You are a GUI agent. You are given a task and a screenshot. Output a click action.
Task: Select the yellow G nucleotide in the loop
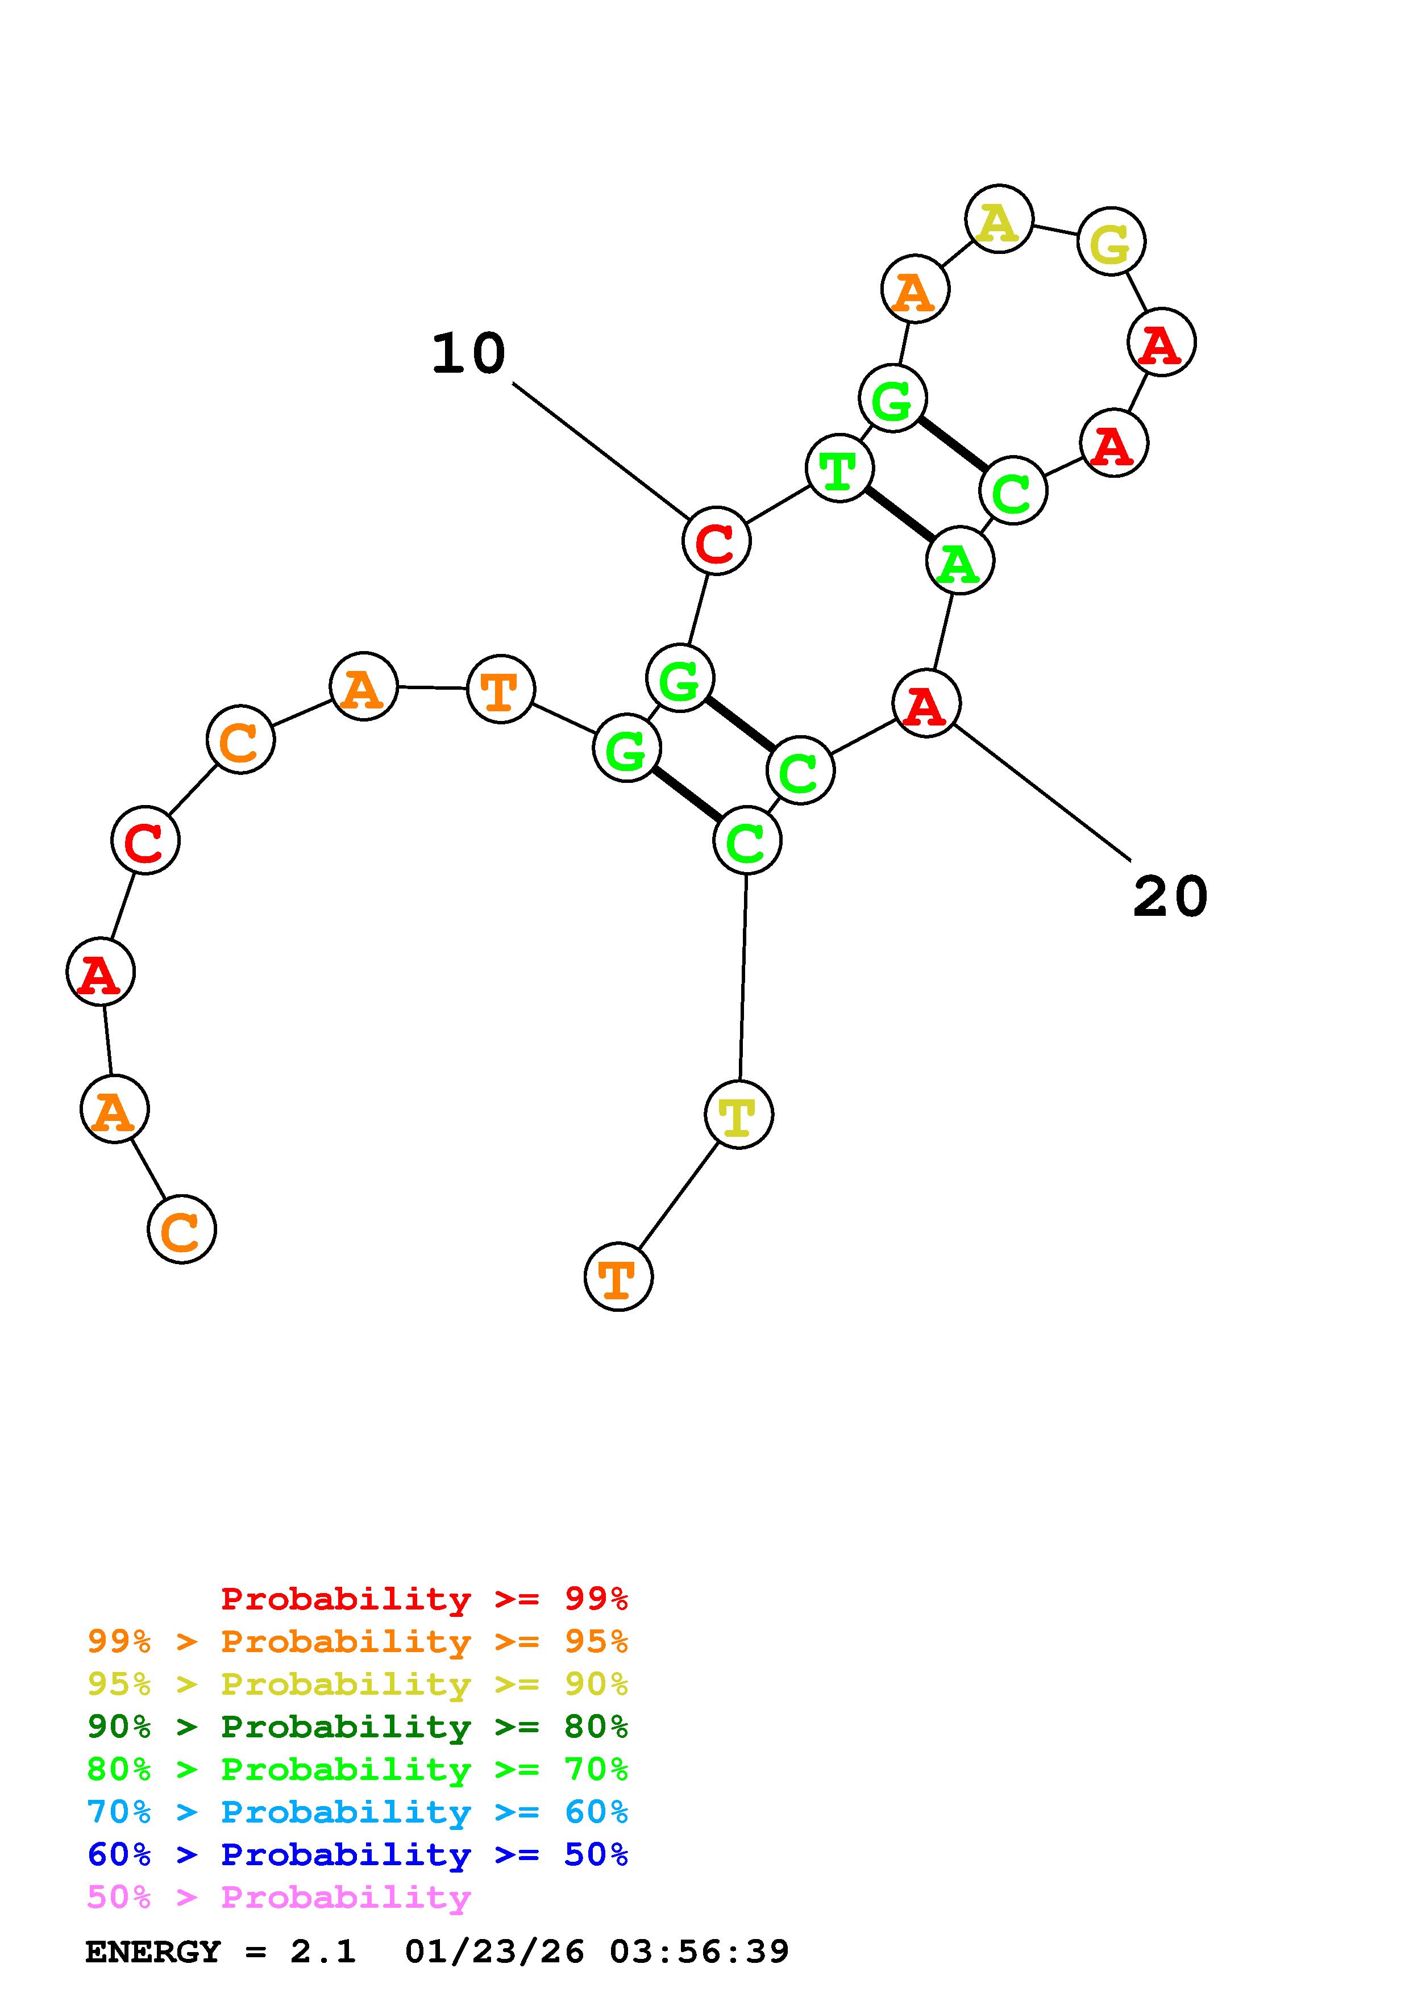click(x=1111, y=241)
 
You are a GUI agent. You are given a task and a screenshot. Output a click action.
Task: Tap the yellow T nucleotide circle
click(x=739, y=1115)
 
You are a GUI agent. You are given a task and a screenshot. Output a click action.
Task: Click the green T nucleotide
click(x=839, y=469)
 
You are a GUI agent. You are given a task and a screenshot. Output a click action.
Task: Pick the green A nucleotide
click(x=960, y=562)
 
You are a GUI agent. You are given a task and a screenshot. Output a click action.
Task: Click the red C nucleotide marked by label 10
click(x=716, y=541)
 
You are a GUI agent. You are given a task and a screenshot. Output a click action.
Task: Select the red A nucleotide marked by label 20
click(x=926, y=704)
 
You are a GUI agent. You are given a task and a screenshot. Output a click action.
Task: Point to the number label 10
click(x=469, y=353)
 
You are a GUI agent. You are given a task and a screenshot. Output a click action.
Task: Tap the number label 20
click(x=1170, y=897)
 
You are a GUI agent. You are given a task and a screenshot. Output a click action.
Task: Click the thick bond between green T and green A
click(x=899, y=515)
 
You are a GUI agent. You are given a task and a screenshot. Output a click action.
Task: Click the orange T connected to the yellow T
click(x=618, y=1277)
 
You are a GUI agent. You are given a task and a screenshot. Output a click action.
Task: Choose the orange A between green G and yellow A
click(x=915, y=289)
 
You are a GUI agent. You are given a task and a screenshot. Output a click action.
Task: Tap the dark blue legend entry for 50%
click(x=358, y=1855)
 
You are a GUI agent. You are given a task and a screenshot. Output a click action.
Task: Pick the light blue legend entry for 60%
click(x=358, y=1812)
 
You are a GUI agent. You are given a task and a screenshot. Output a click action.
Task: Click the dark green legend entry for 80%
click(x=358, y=1727)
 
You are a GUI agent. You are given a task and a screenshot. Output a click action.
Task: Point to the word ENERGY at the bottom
click(x=153, y=1952)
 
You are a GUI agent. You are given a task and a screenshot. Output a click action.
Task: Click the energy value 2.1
click(x=323, y=1952)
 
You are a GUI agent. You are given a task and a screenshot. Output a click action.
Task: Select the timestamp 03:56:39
click(x=699, y=1952)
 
